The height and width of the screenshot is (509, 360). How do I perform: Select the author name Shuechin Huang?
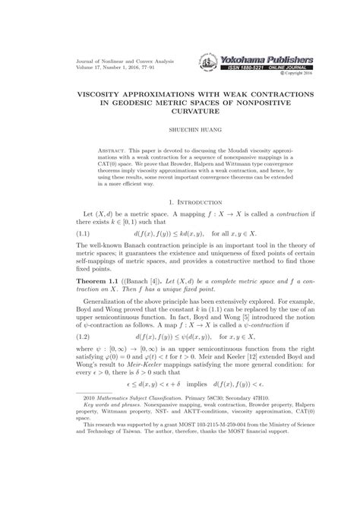click(180, 120)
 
